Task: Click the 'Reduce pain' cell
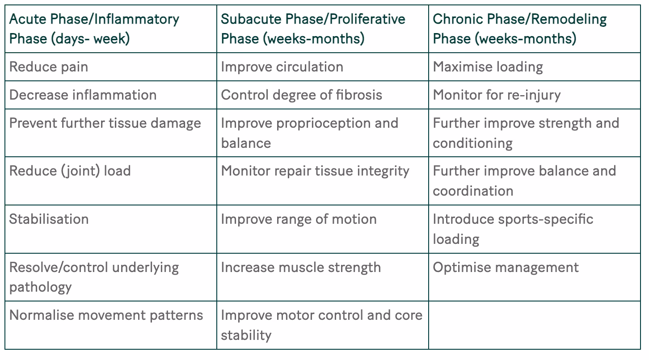(x=49, y=67)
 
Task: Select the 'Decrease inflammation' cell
(x=83, y=95)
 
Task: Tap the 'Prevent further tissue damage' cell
(x=105, y=123)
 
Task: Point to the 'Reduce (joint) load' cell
(x=70, y=171)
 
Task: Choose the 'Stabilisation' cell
(x=49, y=219)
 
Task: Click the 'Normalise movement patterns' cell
(x=106, y=315)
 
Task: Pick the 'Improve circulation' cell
(x=282, y=67)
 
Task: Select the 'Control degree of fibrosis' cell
(x=301, y=95)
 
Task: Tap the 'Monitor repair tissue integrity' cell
(x=315, y=171)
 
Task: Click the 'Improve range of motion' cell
(x=299, y=219)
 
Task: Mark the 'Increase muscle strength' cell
(x=301, y=267)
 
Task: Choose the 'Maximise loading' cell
(x=488, y=67)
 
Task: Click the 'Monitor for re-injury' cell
(x=497, y=95)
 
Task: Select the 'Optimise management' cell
(x=506, y=267)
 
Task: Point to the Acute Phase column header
(x=94, y=29)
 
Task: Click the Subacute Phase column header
(x=313, y=29)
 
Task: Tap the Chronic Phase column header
(x=520, y=29)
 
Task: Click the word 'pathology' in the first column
(x=40, y=287)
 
